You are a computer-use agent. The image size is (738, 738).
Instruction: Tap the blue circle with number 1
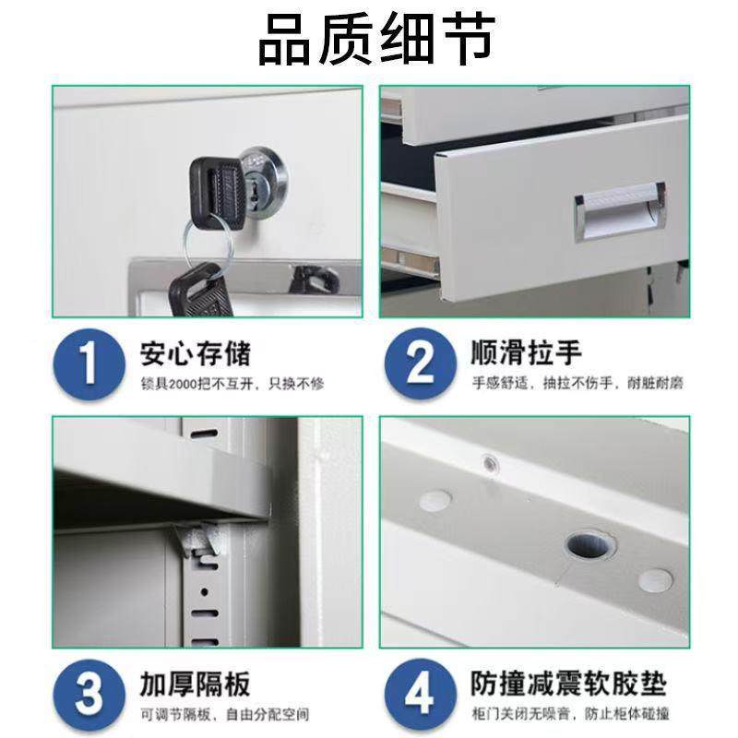pyautogui.click(x=88, y=364)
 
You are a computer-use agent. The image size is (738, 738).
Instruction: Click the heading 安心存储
pyautogui.click(x=195, y=352)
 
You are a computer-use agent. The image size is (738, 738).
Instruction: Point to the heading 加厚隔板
pyautogui.click(x=195, y=684)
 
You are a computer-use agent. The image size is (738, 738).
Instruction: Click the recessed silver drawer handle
pyautogui.click(x=619, y=212)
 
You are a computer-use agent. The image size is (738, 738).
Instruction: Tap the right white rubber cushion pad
pyautogui.click(x=656, y=579)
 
